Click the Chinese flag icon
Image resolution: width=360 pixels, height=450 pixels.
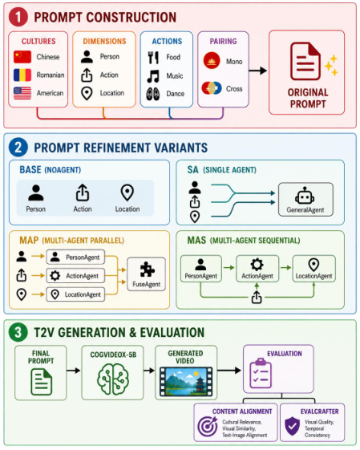pos(22,56)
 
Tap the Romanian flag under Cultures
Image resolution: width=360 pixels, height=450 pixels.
pos(22,75)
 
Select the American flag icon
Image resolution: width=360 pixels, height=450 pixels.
pos(22,93)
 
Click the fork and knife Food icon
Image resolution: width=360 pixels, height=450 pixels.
pos(153,58)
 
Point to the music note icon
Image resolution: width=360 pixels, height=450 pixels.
pos(153,76)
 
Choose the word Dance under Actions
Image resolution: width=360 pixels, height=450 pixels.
pos(176,94)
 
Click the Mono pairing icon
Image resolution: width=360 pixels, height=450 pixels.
pos(212,60)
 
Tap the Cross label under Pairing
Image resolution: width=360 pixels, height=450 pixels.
pos(234,89)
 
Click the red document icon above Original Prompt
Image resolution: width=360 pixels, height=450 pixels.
pos(305,61)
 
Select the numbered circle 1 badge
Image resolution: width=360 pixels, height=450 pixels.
pos(18,17)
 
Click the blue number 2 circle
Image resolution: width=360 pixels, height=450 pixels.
pos(18,148)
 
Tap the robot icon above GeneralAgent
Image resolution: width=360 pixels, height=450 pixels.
pos(305,196)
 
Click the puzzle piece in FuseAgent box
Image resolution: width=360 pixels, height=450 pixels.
pos(148,270)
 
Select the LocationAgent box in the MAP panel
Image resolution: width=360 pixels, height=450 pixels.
pos(75,294)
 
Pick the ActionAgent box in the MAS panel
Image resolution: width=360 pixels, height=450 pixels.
pos(257,269)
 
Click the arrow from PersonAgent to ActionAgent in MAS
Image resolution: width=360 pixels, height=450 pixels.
pos(229,268)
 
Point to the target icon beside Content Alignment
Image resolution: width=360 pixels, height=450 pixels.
pos(208,426)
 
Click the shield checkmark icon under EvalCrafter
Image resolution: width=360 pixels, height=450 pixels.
pos(293,426)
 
